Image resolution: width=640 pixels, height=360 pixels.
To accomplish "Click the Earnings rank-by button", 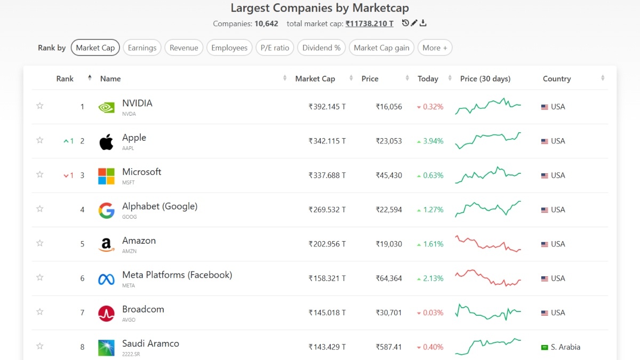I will click(142, 47).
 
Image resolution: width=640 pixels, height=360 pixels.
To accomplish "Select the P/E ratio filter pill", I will click(275, 47).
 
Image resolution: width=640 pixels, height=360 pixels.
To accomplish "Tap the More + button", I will click(435, 47).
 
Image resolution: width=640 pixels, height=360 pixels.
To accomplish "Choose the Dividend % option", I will click(321, 47).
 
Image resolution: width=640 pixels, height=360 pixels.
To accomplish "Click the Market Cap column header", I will click(315, 78).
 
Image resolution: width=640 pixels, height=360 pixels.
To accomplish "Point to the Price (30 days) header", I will click(485, 78).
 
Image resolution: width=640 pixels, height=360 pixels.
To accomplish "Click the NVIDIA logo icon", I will click(106, 107).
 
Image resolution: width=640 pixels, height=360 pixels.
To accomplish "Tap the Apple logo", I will click(106, 142).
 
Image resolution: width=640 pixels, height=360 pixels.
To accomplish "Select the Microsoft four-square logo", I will click(106, 176).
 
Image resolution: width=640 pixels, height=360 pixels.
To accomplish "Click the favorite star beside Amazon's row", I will click(39, 243).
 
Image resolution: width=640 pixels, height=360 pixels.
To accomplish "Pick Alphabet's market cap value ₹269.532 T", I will click(327, 210).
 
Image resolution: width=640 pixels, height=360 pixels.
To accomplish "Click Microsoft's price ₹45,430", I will click(388, 175).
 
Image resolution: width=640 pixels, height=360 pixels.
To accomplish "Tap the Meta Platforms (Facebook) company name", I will click(177, 275).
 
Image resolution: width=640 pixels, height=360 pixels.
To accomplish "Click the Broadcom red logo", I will click(106, 313).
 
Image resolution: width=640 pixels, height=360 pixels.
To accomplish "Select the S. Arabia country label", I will click(565, 347).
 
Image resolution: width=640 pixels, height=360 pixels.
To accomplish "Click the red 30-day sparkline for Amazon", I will click(487, 244).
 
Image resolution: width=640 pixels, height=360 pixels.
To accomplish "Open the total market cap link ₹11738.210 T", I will click(369, 23).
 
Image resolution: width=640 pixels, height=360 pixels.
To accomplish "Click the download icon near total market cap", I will click(423, 23).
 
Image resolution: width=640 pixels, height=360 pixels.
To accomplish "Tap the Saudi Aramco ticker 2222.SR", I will click(131, 354).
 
